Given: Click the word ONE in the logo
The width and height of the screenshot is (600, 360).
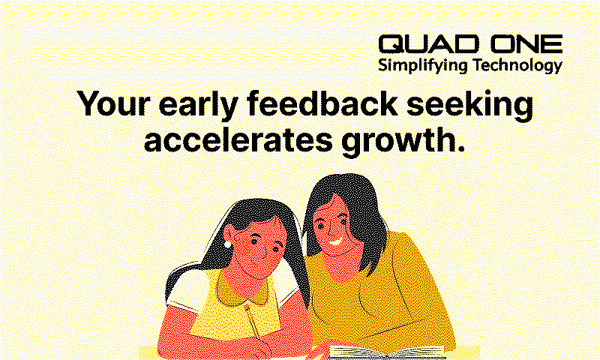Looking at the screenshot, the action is [x=527, y=44].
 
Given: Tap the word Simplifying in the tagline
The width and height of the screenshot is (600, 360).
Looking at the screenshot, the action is [x=423, y=66].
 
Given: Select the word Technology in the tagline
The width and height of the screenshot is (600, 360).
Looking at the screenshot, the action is [x=517, y=66].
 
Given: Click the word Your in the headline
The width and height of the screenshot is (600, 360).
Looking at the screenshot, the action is [x=113, y=104].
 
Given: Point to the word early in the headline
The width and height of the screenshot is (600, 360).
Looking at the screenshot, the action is [x=199, y=105].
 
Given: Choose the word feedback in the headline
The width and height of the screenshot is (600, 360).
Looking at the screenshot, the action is [x=322, y=103].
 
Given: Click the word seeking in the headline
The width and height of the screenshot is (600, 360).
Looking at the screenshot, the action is [x=469, y=105].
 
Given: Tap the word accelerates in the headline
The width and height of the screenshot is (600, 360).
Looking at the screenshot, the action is [x=238, y=140].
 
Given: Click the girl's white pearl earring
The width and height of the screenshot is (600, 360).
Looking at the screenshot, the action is [x=228, y=244].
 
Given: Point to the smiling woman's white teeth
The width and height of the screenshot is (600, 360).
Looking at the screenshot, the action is [x=335, y=242].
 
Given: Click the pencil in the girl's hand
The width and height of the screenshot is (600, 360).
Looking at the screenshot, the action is [x=254, y=325].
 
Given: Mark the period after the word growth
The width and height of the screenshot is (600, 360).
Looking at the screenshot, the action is [x=460, y=148].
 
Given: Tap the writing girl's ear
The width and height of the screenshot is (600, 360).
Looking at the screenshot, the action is [x=230, y=234].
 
